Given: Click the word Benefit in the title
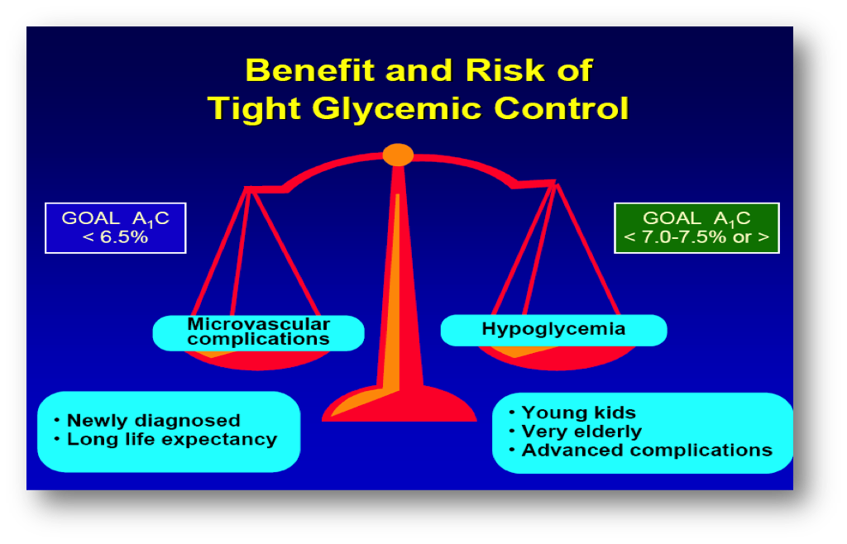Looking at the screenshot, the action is pyautogui.click(x=310, y=70).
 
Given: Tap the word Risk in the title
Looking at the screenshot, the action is pyautogui.click(x=505, y=70).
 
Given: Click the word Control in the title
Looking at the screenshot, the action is pyautogui.click(x=562, y=108).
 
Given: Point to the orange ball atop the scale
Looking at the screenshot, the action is pyautogui.click(x=398, y=155).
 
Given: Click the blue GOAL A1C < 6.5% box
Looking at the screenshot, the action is pyautogui.click(x=116, y=227).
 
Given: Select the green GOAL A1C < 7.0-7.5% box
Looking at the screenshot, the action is pyautogui.click(x=696, y=227).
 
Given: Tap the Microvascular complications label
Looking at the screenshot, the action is pyautogui.click(x=259, y=332).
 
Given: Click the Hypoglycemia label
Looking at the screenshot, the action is pyautogui.click(x=553, y=330).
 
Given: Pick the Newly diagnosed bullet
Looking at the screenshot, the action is pyautogui.click(x=147, y=421).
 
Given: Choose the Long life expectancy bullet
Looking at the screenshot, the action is pyautogui.click(x=165, y=439).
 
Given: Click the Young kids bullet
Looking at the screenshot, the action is pyautogui.click(x=572, y=413).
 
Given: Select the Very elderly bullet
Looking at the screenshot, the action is pyautogui.click(x=576, y=432).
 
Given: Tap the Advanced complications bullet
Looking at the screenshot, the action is pyautogui.click(x=641, y=450).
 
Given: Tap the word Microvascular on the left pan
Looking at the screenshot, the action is pyautogui.click(x=259, y=324).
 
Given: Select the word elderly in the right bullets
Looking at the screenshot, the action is pyautogui.click(x=608, y=432).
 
